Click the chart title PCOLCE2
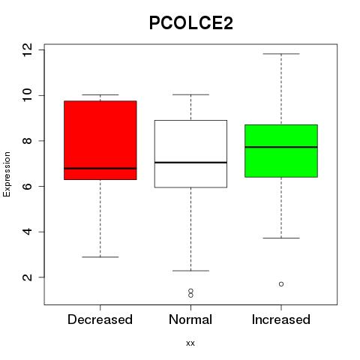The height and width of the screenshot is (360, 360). [x=191, y=23]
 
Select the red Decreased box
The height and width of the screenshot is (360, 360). [x=100, y=140]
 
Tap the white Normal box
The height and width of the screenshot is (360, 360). [x=190, y=154]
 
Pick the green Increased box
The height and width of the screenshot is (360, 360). [x=281, y=151]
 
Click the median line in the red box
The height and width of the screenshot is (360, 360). [x=100, y=169]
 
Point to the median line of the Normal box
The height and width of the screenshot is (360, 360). [x=190, y=163]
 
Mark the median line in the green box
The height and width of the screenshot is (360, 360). [x=281, y=147]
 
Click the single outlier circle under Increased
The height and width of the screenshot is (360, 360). [x=281, y=284]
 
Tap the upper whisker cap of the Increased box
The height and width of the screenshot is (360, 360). [x=281, y=54]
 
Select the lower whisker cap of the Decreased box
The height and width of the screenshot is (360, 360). [x=100, y=257]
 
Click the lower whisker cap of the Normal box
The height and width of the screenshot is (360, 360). [x=190, y=271]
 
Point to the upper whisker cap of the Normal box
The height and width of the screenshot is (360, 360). [x=190, y=94]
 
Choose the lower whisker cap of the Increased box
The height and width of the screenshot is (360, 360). [x=281, y=238]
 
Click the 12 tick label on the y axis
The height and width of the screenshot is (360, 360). [x=27, y=50]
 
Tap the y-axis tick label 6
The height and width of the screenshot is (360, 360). [x=27, y=186]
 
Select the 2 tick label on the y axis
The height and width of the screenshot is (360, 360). [x=27, y=277]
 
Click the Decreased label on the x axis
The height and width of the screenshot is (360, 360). [x=100, y=319]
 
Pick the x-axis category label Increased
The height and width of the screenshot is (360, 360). [x=281, y=319]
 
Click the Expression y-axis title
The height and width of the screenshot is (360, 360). [x=7, y=174]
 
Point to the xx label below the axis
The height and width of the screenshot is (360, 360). [x=190, y=343]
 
